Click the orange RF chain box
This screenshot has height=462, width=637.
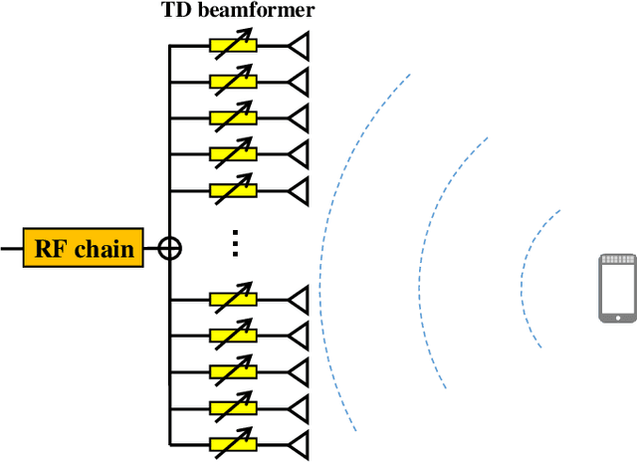[x=85, y=248]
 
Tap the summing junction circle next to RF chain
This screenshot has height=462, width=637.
[x=170, y=248]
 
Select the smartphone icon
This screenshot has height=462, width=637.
[x=616, y=288]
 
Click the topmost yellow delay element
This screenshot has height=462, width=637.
[x=233, y=46]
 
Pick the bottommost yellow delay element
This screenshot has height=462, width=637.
[x=233, y=444]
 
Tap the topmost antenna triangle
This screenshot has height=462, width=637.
[x=299, y=46]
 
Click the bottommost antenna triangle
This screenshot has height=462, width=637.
[x=299, y=444]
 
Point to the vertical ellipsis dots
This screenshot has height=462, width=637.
[x=234, y=242]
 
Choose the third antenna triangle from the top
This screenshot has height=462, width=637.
[x=299, y=117]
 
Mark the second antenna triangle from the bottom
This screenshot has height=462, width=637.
[x=299, y=407]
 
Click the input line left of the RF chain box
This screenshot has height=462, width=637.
[x=11, y=248]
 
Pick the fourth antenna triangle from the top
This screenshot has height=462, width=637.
[x=299, y=153]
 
